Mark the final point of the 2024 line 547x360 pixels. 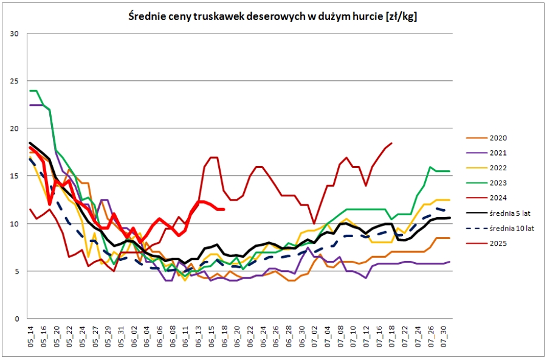391,144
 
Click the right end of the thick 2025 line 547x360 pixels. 224,209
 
